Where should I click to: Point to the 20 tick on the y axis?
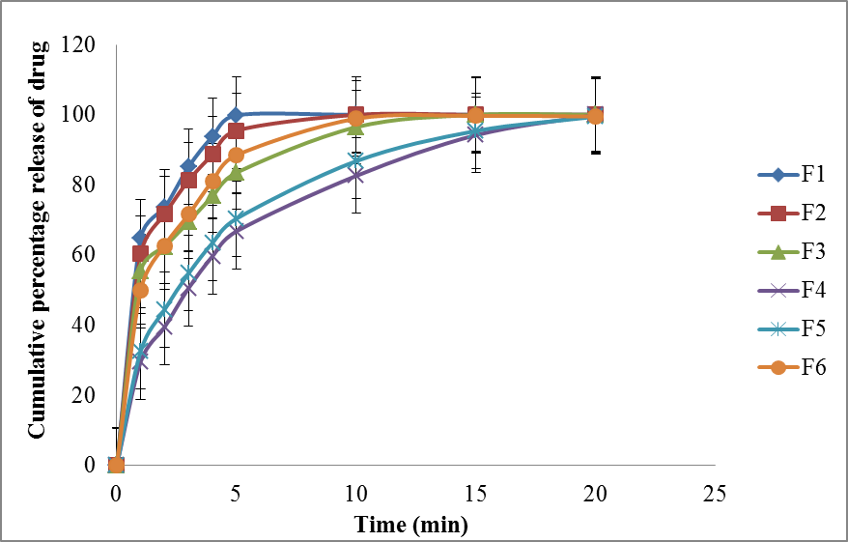click(85, 395)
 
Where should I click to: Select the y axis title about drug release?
click(37, 238)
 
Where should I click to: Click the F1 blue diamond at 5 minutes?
click(236, 115)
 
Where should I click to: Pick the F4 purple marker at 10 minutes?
click(355, 175)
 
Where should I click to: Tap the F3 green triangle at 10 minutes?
click(355, 127)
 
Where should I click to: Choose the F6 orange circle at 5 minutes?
click(236, 156)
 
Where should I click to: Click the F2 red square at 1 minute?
click(140, 254)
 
